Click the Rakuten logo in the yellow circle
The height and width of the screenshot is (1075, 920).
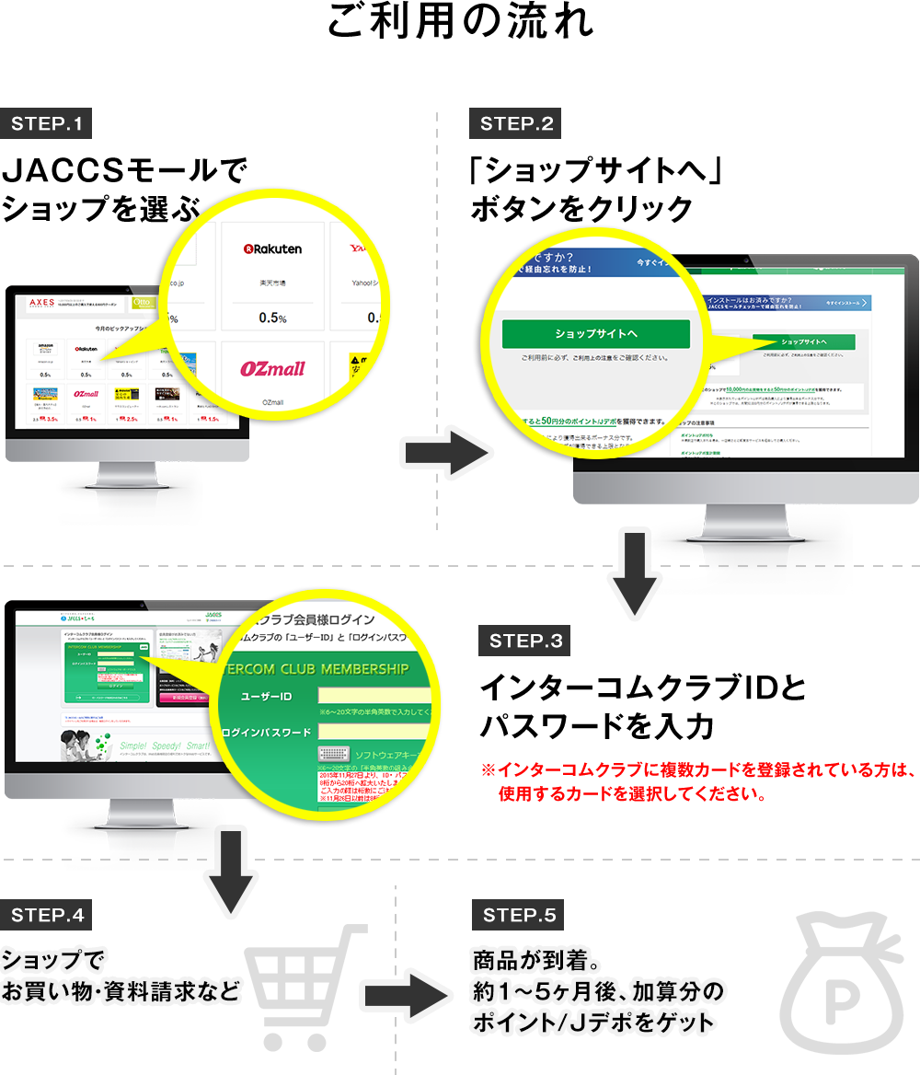click(272, 249)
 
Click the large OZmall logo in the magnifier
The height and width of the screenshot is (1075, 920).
click(272, 369)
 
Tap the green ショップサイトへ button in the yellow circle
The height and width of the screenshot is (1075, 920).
click(595, 333)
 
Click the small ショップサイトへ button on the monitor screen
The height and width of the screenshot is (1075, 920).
click(803, 341)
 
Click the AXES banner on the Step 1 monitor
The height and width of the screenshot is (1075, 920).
click(42, 303)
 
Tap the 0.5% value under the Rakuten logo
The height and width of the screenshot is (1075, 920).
click(272, 318)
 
